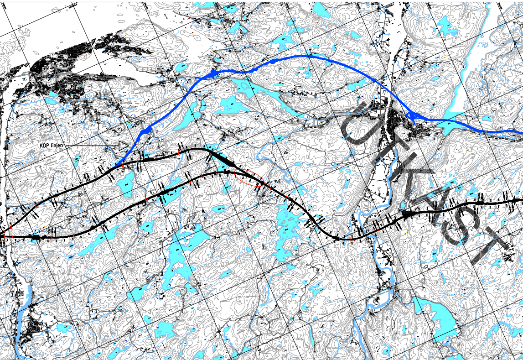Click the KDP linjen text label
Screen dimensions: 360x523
point(54,145)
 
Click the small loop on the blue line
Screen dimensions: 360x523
point(413,118)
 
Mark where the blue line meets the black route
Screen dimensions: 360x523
point(117,165)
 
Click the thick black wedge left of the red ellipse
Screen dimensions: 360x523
point(223,160)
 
